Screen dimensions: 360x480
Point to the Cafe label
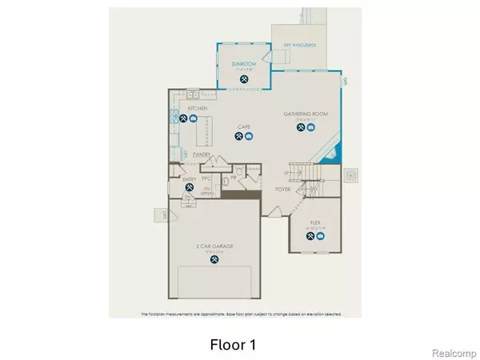pos(244,126)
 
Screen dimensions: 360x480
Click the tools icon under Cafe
pos(238,138)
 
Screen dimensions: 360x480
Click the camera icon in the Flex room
pos(321,237)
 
